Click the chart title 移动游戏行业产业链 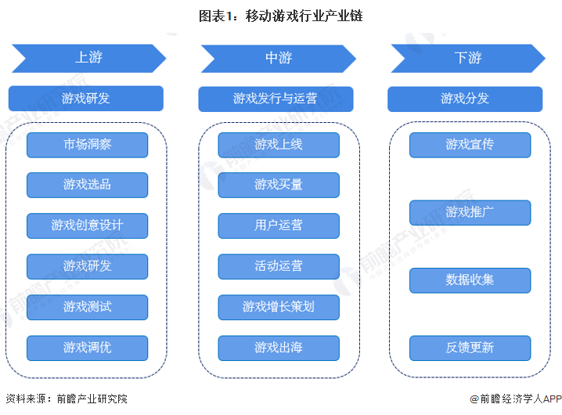(280, 15)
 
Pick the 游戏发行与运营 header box (276, 99)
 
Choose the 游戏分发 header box (465, 99)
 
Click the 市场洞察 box (87, 145)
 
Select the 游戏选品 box (87, 185)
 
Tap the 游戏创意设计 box (87, 226)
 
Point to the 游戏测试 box (87, 307)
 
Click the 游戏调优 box (87, 348)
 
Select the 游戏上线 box (278, 145)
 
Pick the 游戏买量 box (278, 185)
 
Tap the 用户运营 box (278, 226)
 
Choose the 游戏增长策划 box (278, 307)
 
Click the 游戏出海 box (278, 348)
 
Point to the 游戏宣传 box (470, 145)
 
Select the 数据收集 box (470, 280)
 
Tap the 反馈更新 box (470, 348)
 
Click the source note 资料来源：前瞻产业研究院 (67, 399)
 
